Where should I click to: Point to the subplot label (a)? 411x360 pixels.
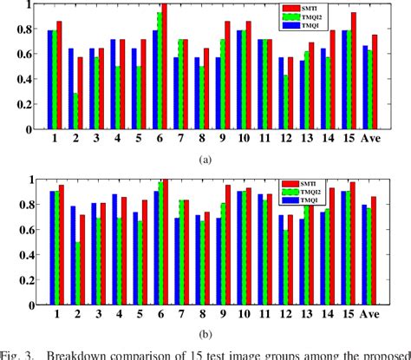coord(205,160)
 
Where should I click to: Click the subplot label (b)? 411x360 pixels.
coord(205,333)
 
